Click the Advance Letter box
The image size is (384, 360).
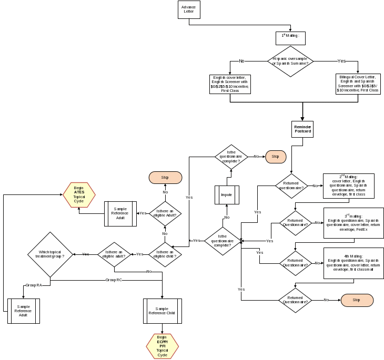tap(189, 9)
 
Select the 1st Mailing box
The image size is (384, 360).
tap(290, 38)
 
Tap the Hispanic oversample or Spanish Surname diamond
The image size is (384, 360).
tap(290, 61)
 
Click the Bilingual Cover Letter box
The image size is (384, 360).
tap(358, 84)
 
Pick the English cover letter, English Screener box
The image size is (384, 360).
tap(230, 84)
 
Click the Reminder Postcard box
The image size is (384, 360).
tap(302, 129)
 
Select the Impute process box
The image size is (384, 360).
tap(227, 195)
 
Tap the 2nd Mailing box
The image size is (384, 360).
tap(348, 186)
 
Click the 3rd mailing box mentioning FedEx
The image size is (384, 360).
tap(353, 223)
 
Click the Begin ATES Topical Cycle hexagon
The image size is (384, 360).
tap(79, 196)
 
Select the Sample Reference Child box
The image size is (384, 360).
tap(163, 311)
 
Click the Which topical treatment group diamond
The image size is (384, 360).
tap(50, 255)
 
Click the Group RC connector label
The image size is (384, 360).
tap(114, 280)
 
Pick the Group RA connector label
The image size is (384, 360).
tap(34, 285)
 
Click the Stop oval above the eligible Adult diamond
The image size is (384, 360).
tap(165, 177)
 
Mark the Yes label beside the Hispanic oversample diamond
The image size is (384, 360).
tap(341, 61)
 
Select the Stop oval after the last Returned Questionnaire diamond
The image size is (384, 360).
tap(357, 300)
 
